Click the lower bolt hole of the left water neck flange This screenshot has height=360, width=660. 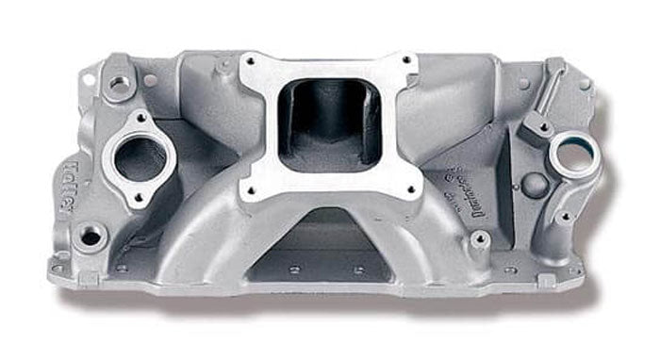point(137,197)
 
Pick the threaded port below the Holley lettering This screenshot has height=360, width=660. point(91,236)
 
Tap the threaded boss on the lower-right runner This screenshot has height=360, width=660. point(479,239)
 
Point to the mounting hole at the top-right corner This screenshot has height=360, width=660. point(584,83)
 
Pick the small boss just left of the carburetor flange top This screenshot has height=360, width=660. point(224,67)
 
